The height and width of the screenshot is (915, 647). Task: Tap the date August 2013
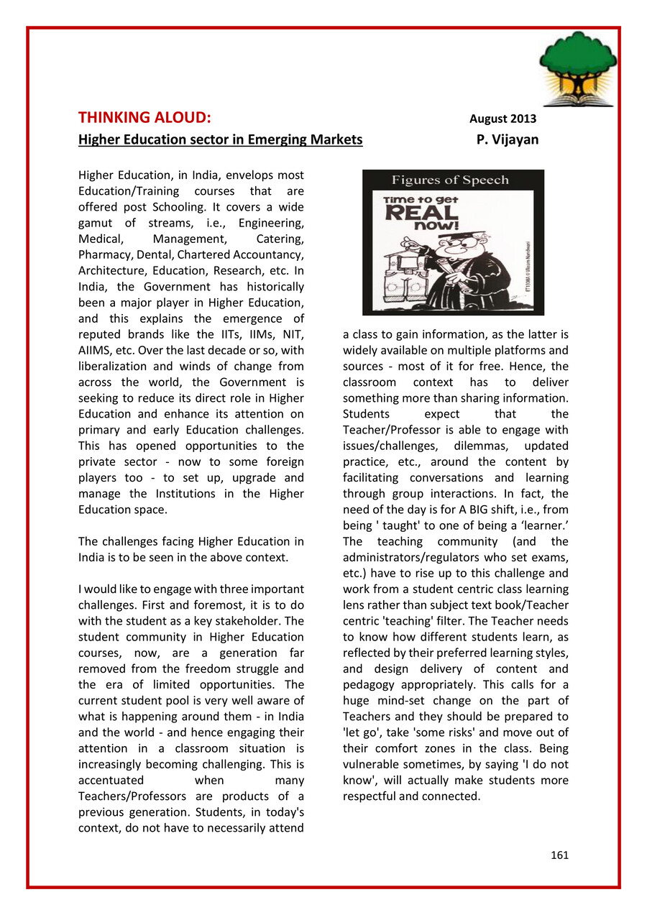pyautogui.click(x=503, y=119)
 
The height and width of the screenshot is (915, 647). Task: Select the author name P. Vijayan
pyautogui.click(x=507, y=139)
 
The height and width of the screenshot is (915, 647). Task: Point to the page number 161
pyautogui.click(x=559, y=855)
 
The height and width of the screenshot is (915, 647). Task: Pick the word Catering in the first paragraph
pyautogui.click(x=280, y=239)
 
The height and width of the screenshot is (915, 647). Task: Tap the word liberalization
pyautogui.click(x=118, y=366)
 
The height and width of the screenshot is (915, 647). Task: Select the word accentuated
pyautogui.click(x=111, y=780)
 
